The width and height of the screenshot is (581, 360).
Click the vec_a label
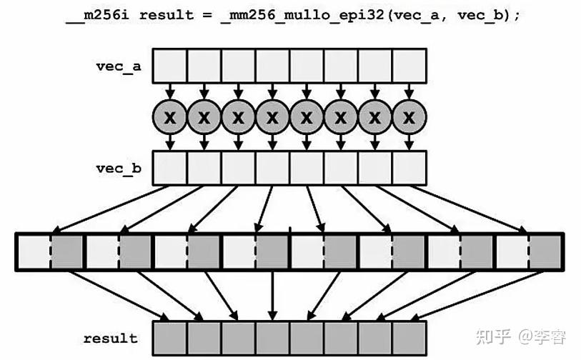(x=119, y=66)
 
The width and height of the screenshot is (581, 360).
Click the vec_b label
(x=119, y=169)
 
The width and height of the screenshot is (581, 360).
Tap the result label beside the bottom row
(x=110, y=338)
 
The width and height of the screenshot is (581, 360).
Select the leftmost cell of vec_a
(x=170, y=66)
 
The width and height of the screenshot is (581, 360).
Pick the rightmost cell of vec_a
(x=409, y=66)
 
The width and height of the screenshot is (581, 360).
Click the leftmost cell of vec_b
(x=170, y=169)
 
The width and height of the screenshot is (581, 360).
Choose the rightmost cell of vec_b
(x=409, y=169)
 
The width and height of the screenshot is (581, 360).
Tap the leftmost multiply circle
(x=170, y=116)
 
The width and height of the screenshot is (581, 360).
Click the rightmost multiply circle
(x=409, y=116)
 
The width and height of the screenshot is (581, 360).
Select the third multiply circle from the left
(x=239, y=116)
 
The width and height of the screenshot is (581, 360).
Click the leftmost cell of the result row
(x=170, y=337)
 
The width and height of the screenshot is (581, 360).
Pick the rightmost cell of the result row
(x=409, y=337)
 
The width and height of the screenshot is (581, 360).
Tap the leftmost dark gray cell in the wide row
(x=66, y=251)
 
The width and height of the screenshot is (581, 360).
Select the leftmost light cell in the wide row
(x=34, y=251)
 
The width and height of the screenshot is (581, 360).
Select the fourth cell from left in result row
(x=273, y=337)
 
